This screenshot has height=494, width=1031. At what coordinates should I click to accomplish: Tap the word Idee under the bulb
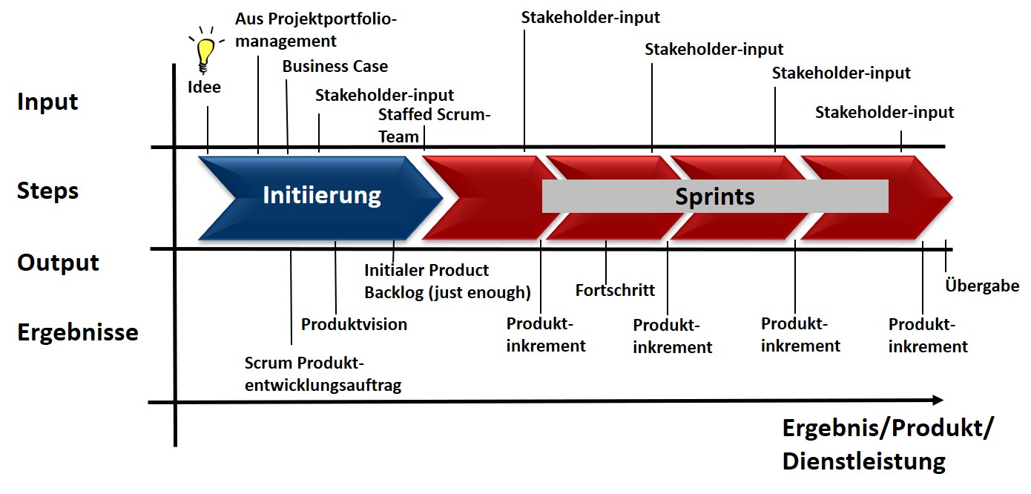204,88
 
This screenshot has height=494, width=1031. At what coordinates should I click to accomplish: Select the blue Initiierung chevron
321,196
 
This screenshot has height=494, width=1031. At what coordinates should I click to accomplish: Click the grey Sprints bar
714,197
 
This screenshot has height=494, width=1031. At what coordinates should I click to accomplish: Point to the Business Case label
335,67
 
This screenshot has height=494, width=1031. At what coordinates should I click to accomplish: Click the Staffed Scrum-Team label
435,125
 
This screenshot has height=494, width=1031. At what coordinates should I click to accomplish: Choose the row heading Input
47,102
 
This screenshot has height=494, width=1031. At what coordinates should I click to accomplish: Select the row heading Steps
47,191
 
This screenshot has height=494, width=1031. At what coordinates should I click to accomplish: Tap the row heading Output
58,263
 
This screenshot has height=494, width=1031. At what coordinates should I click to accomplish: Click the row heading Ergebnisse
77,332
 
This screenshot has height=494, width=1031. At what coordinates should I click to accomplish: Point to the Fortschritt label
615,290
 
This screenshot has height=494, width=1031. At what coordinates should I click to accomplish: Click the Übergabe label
982,286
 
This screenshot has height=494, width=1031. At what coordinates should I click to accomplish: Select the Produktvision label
354,324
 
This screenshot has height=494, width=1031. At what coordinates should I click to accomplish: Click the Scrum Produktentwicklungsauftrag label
323,374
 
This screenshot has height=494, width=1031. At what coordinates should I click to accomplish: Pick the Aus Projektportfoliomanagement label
315,30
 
